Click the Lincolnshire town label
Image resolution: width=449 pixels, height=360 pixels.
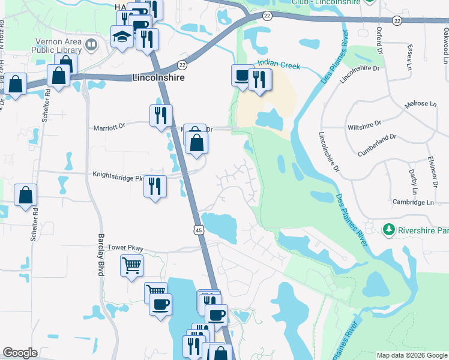(158, 78)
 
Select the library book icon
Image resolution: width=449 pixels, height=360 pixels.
(91, 44)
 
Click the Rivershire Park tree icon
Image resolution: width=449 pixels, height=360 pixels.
(389, 230)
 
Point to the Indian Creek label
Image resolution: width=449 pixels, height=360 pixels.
(278, 63)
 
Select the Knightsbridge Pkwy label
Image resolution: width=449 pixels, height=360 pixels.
(118, 176)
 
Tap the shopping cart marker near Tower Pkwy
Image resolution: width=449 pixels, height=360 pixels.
(131, 265)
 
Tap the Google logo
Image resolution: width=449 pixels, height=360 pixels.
(20, 353)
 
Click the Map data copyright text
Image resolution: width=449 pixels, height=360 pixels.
(412, 356)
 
